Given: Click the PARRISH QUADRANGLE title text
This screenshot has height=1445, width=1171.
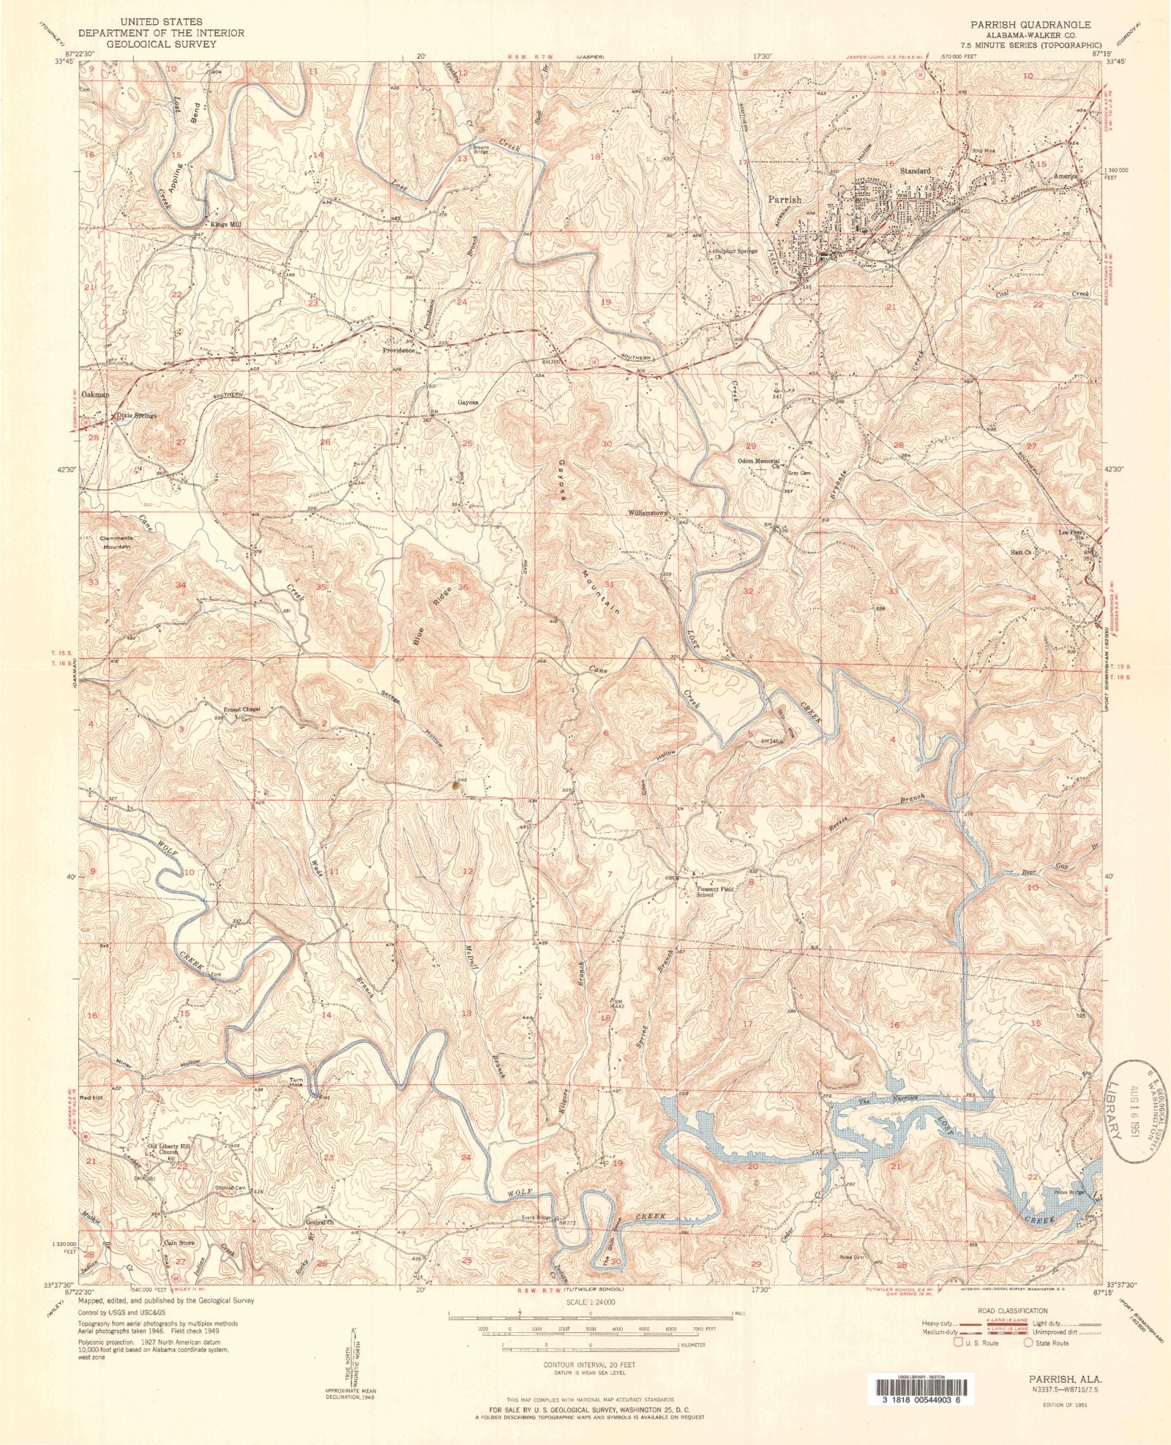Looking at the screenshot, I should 1030,25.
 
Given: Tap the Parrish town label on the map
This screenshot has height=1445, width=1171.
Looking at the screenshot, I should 784,199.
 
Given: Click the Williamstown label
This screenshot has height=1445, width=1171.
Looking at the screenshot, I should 648,513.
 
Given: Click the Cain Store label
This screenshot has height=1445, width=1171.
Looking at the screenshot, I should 179,1242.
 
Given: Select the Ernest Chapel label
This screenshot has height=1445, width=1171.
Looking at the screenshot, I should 242,709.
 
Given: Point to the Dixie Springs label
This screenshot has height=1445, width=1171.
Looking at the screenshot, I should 136,416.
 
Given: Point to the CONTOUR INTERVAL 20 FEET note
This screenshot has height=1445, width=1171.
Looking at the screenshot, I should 589,1365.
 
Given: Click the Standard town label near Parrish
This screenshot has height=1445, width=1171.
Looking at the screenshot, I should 915,171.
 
